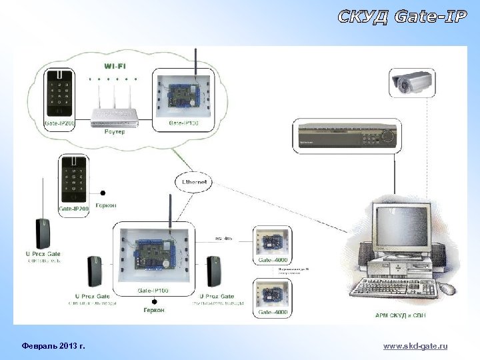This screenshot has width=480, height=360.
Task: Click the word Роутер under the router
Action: click(115, 133)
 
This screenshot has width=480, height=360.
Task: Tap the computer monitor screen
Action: click(401, 229)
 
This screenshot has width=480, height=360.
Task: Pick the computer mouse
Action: click(447, 289)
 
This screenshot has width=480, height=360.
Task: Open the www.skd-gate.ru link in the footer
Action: click(416, 346)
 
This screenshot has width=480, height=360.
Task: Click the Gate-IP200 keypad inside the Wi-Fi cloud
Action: click(60, 96)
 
